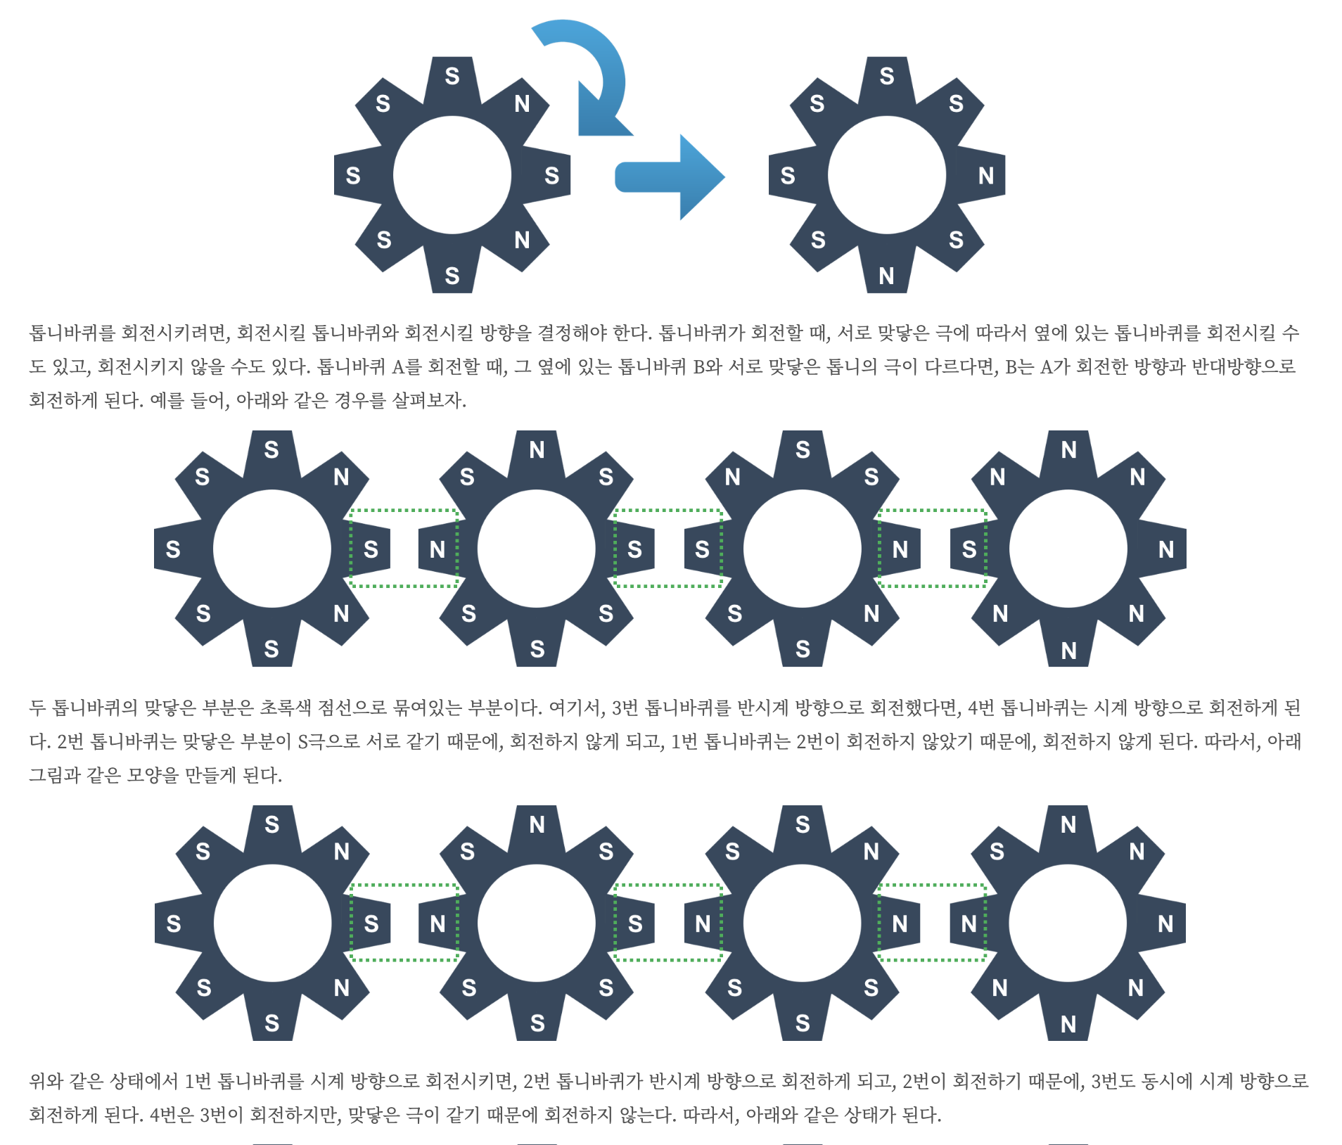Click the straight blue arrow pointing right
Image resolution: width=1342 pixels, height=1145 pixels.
[x=668, y=177]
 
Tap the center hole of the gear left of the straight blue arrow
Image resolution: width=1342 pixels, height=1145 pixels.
[x=452, y=175]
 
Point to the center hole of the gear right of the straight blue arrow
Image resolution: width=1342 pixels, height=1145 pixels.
[x=886, y=175]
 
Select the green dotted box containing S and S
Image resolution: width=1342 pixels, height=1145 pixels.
[x=668, y=549]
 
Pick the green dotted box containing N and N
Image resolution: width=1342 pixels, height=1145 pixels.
[x=933, y=923]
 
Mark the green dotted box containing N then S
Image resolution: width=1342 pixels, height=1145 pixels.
[x=933, y=549]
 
